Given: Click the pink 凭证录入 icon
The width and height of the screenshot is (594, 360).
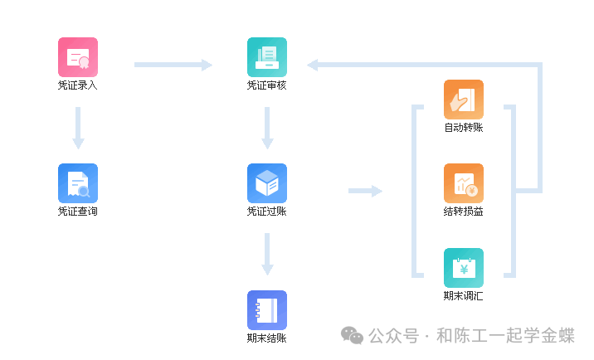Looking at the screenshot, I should [78, 57].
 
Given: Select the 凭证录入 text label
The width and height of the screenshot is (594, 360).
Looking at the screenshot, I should [78, 85].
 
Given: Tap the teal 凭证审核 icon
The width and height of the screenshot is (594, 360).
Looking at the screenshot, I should [267, 57].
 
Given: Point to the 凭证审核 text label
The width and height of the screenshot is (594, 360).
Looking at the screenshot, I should [267, 85].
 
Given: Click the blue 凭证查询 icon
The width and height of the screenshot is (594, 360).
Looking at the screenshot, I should [78, 183].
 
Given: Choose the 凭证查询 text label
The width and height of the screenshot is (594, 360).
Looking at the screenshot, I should [78, 212].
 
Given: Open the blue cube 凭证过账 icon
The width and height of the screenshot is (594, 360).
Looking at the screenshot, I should [267, 183].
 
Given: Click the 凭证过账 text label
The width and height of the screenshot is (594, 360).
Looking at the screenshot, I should [267, 212].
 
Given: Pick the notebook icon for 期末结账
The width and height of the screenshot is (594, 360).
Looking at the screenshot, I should [267, 309].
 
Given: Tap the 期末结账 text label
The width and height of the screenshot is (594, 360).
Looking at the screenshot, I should [267, 338].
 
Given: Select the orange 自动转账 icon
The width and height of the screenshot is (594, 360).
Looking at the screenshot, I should [464, 100].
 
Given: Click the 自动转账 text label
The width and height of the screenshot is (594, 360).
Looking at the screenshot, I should [464, 128].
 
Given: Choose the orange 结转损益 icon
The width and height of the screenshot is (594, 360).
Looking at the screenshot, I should [464, 183].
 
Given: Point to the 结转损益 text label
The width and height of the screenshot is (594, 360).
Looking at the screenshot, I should [464, 212].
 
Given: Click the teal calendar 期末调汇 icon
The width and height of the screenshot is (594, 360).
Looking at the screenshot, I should [464, 268].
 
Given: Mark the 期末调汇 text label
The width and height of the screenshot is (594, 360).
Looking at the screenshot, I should [464, 296].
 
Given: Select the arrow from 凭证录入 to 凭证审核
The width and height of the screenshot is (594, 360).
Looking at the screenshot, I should [173, 65].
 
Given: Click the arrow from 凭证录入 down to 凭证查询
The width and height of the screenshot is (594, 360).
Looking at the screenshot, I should [78, 128].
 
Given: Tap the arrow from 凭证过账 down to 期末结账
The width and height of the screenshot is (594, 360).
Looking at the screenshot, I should [267, 254].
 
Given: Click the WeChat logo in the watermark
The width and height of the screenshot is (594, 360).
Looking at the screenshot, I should [353, 335].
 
